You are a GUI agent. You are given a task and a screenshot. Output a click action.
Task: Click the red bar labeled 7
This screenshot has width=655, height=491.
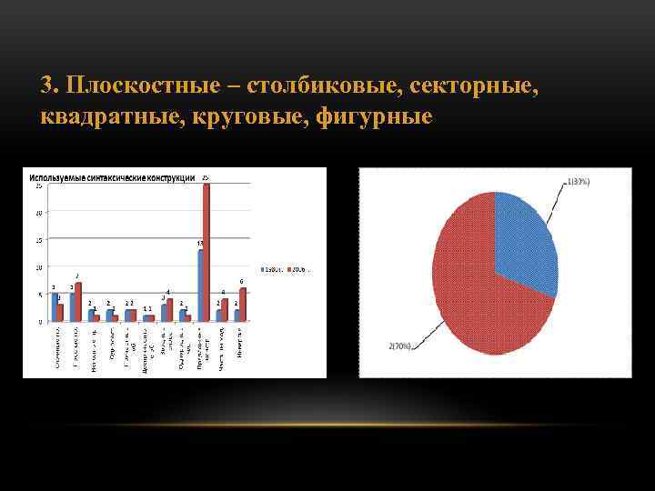78,302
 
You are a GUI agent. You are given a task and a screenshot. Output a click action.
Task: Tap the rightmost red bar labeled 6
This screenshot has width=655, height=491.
242,305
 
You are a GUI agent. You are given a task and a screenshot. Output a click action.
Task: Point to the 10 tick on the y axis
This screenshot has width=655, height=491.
38,267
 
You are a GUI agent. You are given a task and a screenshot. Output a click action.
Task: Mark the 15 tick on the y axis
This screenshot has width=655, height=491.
38,240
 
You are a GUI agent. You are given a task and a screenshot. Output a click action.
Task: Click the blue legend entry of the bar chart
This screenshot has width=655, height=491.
270,270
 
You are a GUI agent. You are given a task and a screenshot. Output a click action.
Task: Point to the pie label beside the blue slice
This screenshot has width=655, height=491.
579,181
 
